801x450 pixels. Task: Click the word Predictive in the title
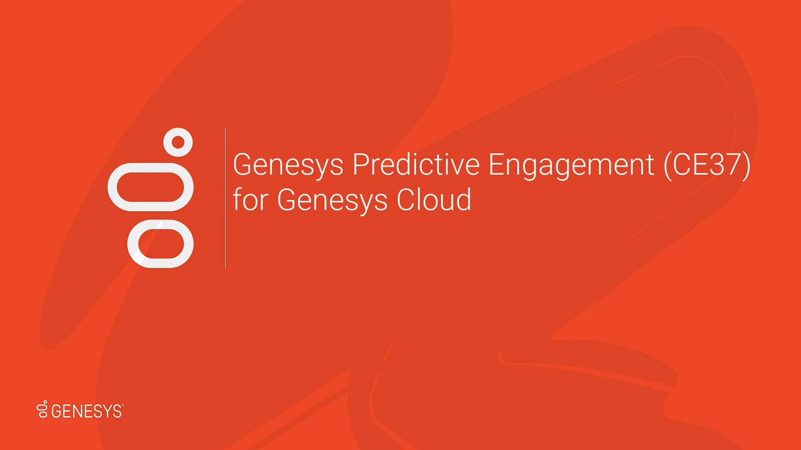point(416,165)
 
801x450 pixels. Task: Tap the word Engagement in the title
point(571,165)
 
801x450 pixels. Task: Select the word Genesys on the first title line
point(288,165)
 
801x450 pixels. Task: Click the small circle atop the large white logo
point(178,142)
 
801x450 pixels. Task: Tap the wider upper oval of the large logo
point(151,187)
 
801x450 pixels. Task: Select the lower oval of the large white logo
point(161,243)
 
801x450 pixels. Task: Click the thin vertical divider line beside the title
point(225,197)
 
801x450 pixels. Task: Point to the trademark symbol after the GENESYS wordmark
point(122,405)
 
